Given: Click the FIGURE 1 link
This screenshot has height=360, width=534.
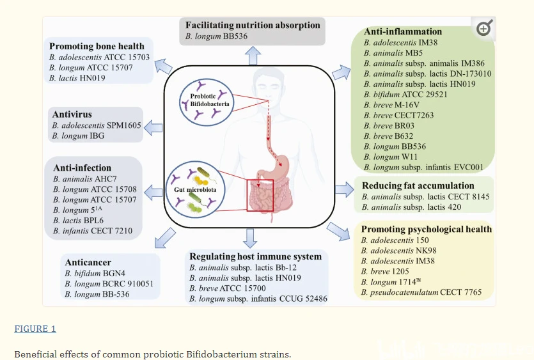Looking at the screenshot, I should pyautogui.click(x=35, y=329).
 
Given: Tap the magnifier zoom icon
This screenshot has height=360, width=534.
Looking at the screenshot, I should pyautogui.click(x=484, y=27).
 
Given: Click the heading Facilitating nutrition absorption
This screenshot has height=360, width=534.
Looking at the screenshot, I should pyautogui.click(x=253, y=25).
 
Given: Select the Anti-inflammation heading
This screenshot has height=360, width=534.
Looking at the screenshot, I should pyautogui.click(x=403, y=31).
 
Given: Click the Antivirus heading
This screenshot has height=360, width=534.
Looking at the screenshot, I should pyautogui.click(x=72, y=114).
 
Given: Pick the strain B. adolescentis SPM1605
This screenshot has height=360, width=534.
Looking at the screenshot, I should pyautogui.click(x=97, y=125).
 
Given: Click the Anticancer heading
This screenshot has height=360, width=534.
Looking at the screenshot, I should pyautogui.click(x=88, y=262).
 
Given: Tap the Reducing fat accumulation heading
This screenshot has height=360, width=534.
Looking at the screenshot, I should pyautogui.click(x=418, y=185).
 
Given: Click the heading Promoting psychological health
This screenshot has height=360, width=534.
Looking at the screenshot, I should pyautogui.click(x=426, y=229).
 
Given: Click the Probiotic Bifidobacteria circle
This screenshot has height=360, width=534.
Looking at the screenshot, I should pyautogui.click(x=205, y=98).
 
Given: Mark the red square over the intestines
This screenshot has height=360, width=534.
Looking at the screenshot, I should pyautogui.click(x=260, y=194).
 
